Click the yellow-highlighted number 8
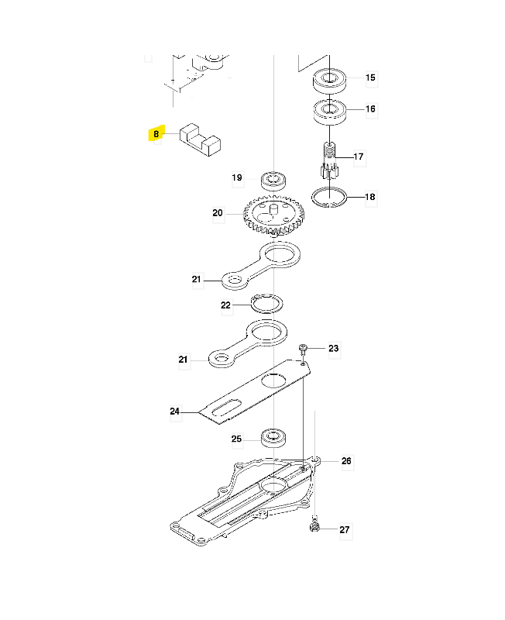156,134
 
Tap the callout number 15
370,77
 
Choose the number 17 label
359,157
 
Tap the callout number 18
370,198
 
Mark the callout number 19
237,178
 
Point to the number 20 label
217,213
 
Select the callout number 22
225,305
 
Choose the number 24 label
175,412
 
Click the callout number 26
346,461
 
